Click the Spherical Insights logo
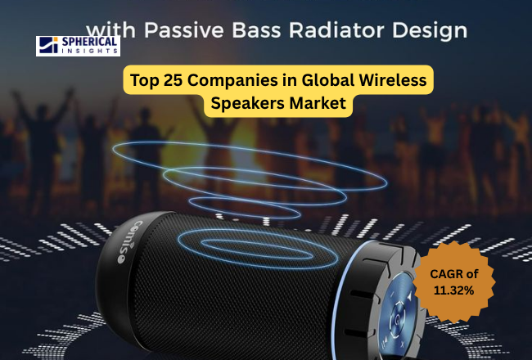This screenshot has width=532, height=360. [x=78, y=45]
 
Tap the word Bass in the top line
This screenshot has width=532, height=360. [x=264, y=30]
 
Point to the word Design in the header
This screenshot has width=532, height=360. [x=432, y=31]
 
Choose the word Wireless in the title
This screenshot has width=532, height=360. [x=392, y=80]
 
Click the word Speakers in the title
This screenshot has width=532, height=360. [x=246, y=104]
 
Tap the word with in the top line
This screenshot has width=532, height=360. [x=117, y=30]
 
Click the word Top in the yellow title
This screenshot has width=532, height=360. [x=143, y=80]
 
